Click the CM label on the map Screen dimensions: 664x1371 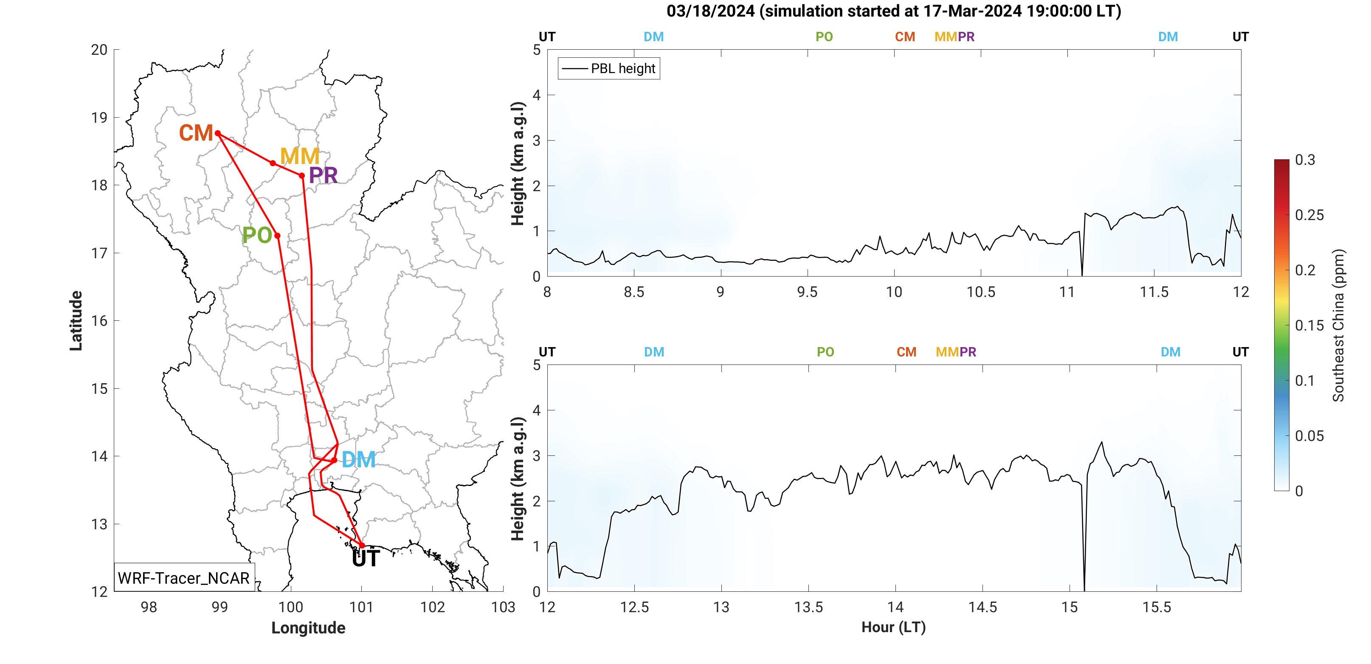click(196, 133)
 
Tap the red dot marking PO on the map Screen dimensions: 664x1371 click(277, 235)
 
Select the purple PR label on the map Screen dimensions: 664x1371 click(323, 176)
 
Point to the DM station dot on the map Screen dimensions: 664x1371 click(334, 460)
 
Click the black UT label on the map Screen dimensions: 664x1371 click(366, 559)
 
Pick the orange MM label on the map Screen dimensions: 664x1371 click(300, 156)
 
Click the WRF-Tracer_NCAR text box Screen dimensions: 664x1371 click(183, 578)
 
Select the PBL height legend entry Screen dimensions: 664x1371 click(609, 69)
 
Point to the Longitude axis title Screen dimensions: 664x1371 click(308, 628)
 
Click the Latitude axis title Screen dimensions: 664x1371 click(76, 321)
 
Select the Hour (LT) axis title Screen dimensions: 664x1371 click(894, 627)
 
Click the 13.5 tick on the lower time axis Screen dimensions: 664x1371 click(808, 607)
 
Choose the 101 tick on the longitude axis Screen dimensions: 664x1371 click(361, 607)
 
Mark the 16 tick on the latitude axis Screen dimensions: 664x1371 click(99, 321)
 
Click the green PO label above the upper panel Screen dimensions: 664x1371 click(824, 37)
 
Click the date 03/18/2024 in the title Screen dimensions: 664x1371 click(710, 11)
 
